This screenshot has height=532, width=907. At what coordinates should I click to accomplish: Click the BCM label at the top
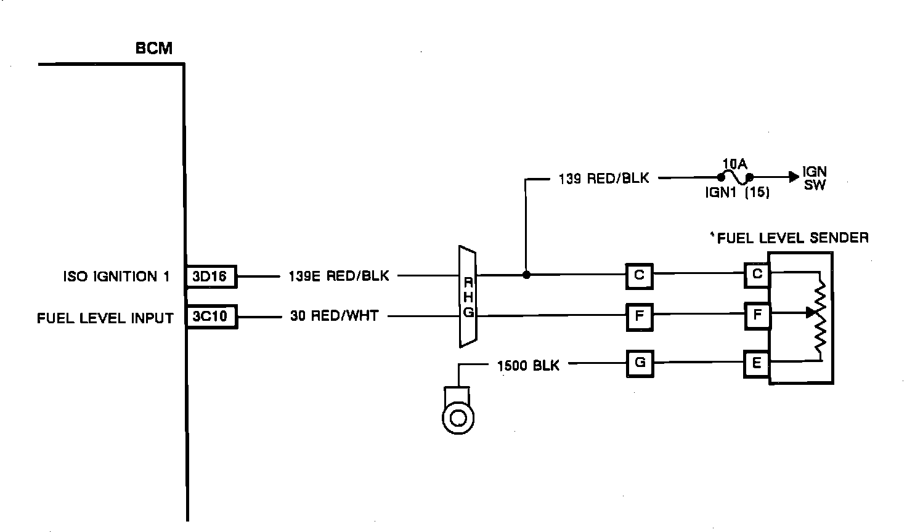[x=154, y=48]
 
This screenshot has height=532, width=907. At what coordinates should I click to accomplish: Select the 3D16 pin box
[x=211, y=276]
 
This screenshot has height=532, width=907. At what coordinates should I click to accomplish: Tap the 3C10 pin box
[x=211, y=317]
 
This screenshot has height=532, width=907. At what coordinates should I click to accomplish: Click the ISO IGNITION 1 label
[x=116, y=276]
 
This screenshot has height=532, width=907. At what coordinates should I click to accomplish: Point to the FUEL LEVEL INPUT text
[x=105, y=318]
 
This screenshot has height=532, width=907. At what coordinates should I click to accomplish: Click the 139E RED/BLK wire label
[x=339, y=276]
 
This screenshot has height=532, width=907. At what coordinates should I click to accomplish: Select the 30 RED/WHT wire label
[x=335, y=316]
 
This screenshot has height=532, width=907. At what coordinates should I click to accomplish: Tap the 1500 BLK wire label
[x=528, y=366]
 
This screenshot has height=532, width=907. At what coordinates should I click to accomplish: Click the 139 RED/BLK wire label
[x=604, y=179]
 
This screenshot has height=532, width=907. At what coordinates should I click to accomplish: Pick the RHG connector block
[x=468, y=297]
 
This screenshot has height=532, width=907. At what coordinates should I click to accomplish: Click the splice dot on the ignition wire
[x=526, y=275]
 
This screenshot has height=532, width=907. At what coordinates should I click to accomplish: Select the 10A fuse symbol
[x=734, y=177]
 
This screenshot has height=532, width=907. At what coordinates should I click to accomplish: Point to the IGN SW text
[x=815, y=178]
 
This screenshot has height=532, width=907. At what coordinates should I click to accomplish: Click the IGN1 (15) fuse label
[x=738, y=192]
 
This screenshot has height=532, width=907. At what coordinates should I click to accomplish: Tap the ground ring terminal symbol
[x=457, y=417]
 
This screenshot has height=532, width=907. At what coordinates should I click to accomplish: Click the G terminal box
[x=640, y=363]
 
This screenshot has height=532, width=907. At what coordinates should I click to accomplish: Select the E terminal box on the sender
[x=757, y=363]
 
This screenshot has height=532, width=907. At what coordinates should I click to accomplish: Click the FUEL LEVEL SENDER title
[x=792, y=238]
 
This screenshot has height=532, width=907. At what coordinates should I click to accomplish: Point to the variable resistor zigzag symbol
[x=820, y=317]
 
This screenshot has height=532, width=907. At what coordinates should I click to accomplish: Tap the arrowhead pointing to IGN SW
[x=793, y=177]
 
